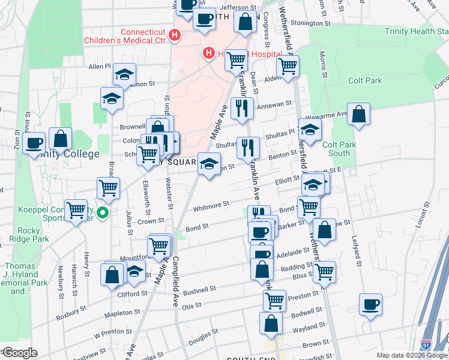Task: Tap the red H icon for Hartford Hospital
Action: click(208, 53)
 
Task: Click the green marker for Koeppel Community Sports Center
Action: click(103, 212)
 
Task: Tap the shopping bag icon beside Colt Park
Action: click(358, 114)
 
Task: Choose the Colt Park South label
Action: click(340, 149)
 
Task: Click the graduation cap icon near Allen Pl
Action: click(124, 74)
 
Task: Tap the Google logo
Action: click(20, 353)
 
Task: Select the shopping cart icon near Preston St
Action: click(274, 299)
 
